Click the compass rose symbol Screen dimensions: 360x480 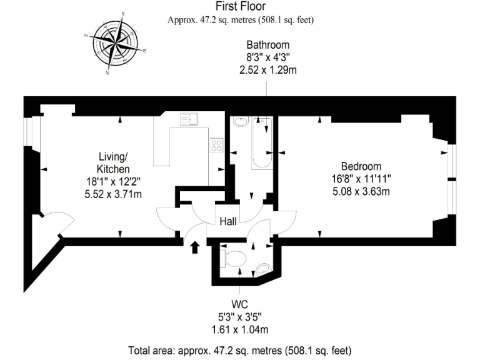115,44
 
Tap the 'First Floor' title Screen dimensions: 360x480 240,7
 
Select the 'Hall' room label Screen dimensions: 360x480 227,221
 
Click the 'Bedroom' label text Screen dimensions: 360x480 361,166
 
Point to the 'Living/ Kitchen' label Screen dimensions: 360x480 113,162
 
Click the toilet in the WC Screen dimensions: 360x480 233,257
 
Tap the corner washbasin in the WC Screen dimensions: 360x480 264,268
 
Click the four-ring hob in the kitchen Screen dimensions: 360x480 217,146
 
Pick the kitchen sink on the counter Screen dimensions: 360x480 189,119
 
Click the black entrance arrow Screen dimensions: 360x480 195,247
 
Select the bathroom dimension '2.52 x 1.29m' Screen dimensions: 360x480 267,70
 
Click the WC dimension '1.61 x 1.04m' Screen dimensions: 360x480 240,329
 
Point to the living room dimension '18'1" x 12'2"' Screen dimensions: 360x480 113,182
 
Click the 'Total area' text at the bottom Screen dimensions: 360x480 240,350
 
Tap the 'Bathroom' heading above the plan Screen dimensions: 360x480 267,45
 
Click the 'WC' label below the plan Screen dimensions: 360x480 240,304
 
